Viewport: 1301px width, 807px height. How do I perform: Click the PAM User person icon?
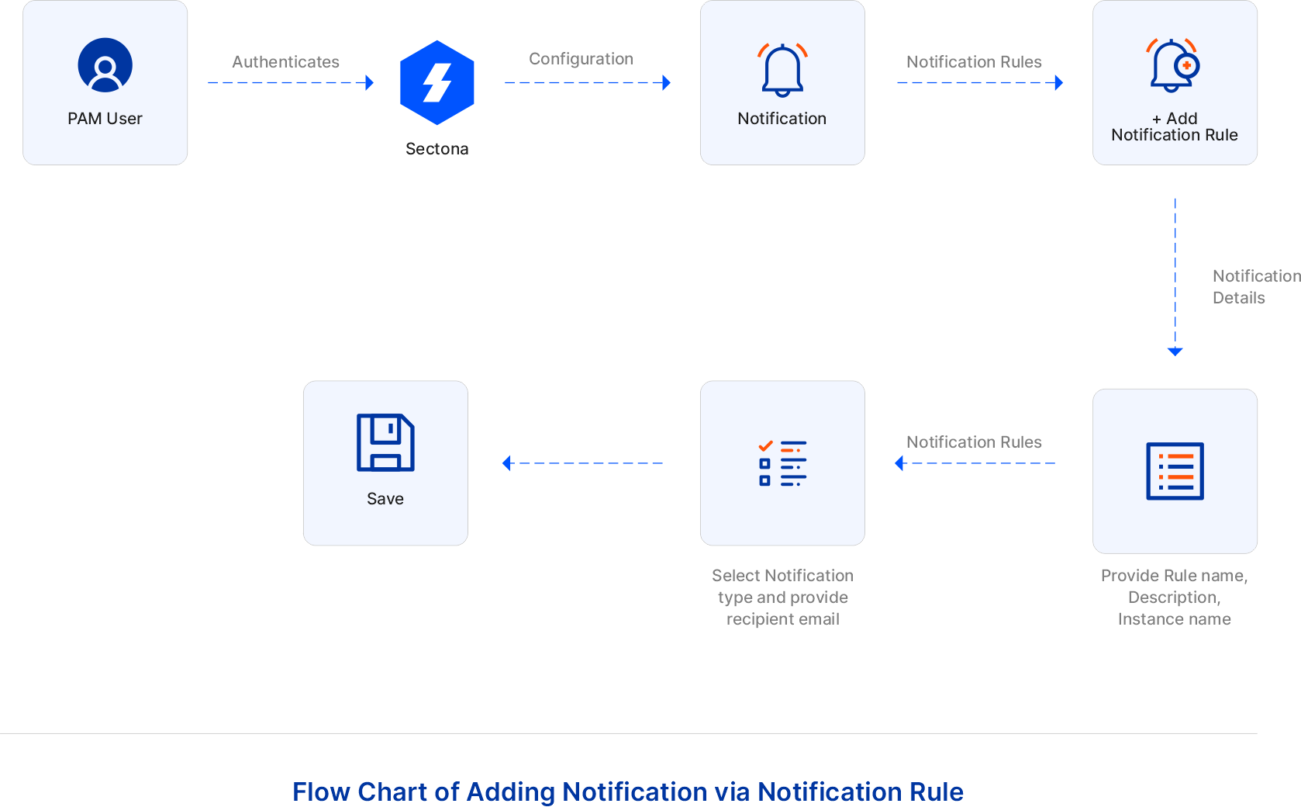pyautogui.click(x=105, y=65)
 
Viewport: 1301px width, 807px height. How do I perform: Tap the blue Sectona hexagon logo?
pyautogui.click(x=437, y=82)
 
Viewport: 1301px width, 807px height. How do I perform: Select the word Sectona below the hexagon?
pyautogui.click(x=437, y=149)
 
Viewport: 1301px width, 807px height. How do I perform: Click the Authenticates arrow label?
pyautogui.click(x=285, y=62)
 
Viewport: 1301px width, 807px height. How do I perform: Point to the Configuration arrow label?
pyautogui.click(x=581, y=59)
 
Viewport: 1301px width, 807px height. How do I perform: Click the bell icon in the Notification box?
pyautogui.click(x=782, y=70)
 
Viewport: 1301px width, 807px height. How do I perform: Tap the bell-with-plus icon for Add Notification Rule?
pyautogui.click(x=1174, y=65)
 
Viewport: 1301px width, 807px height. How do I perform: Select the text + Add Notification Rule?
pyautogui.click(x=1174, y=127)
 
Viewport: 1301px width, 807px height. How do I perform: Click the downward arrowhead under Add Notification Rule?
pyautogui.click(x=1175, y=352)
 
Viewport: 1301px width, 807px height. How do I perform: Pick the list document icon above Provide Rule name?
pyautogui.click(x=1175, y=471)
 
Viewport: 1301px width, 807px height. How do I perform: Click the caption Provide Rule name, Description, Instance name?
pyautogui.click(x=1174, y=597)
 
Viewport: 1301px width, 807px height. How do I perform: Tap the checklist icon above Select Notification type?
pyautogui.click(x=782, y=463)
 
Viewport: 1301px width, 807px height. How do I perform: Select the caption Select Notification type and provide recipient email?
pyautogui.click(x=782, y=597)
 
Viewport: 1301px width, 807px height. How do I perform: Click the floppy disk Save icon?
pyautogui.click(x=385, y=442)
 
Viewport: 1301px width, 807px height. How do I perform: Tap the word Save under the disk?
pyautogui.click(x=385, y=499)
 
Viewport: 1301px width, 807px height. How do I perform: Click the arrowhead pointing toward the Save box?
pyautogui.click(x=507, y=463)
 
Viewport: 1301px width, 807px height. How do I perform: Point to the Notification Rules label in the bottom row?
pyautogui.click(x=974, y=442)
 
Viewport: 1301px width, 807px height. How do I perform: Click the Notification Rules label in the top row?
pyautogui.click(x=974, y=62)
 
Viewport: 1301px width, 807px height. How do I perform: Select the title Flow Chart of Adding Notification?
pyautogui.click(x=627, y=791)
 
